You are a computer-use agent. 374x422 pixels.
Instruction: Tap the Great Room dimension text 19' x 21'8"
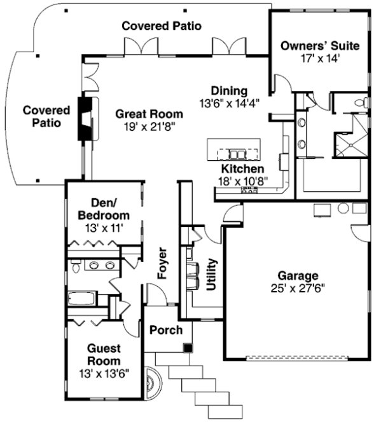(149, 126)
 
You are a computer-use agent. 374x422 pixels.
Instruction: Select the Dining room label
(229, 91)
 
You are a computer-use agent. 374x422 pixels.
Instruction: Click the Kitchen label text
(242, 169)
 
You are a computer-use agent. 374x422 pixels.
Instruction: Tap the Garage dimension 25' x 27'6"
(298, 288)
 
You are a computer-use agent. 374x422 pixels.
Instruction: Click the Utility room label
(212, 274)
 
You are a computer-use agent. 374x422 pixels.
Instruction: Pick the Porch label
(166, 330)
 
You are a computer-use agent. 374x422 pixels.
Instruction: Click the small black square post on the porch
(188, 347)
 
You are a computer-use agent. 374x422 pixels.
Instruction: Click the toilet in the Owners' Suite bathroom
(360, 102)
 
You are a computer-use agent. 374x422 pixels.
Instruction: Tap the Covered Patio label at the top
(162, 26)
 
